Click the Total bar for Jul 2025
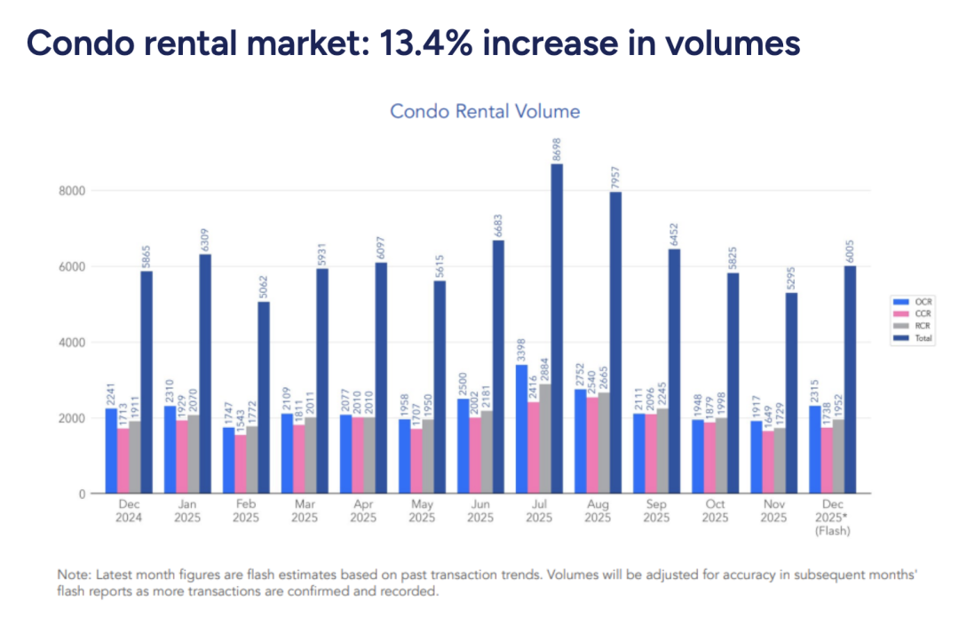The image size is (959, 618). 556,329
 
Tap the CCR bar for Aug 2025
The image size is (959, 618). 591,445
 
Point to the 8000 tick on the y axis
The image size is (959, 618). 73,190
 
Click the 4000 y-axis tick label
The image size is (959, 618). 73,342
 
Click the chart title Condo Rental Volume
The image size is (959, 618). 485,111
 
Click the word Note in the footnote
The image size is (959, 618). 72,574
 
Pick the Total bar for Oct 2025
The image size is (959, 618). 732,383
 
